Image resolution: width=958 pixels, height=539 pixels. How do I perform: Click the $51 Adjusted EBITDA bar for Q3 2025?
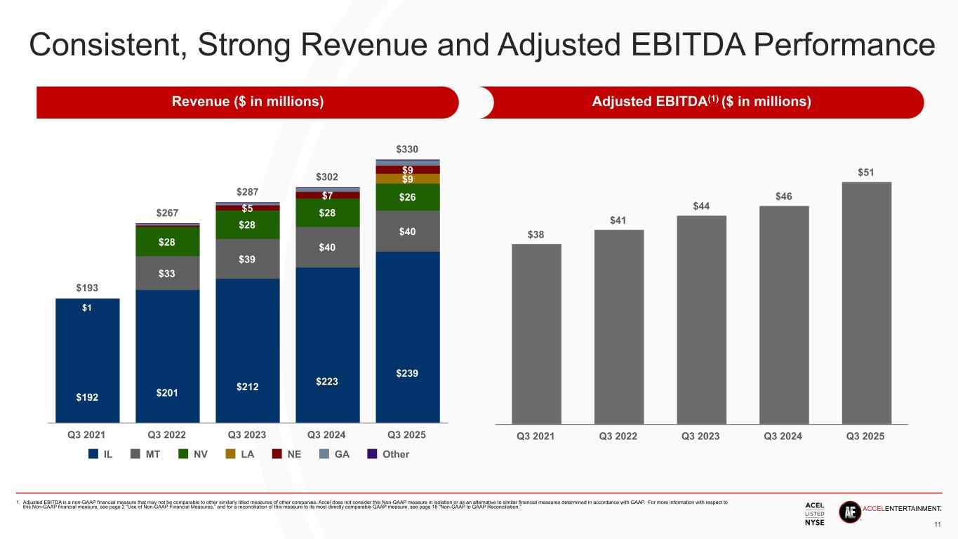pyautogui.click(x=866, y=302)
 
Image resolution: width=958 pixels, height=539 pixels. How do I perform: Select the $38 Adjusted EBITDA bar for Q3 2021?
pyautogui.click(x=536, y=333)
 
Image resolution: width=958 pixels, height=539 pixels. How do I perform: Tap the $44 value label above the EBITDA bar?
pyautogui.click(x=701, y=206)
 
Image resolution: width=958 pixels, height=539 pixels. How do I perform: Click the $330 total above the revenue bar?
pyautogui.click(x=407, y=149)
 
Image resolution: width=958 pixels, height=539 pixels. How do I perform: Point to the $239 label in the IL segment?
pyautogui.click(x=407, y=373)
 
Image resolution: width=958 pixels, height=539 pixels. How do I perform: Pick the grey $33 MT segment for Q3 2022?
pyautogui.click(x=167, y=273)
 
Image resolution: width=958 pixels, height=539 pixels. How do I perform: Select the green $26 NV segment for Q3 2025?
pyautogui.click(x=407, y=197)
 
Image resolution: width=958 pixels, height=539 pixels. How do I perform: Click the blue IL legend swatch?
pyautogui.click(x=93, y=454)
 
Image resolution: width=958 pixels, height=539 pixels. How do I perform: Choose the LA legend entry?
pyautogui.click(x=240, y=454)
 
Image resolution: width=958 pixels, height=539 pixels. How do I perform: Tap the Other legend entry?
pyautogui.click(x=389, y=454)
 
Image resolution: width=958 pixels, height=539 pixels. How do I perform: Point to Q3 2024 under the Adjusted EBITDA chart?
pyautogui.click(x=783, y=436)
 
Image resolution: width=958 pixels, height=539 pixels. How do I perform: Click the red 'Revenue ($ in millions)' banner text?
pyautogui.click(x=248, y=102)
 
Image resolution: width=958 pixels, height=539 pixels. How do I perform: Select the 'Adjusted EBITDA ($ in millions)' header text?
pyautogui.click(x=702, y=102)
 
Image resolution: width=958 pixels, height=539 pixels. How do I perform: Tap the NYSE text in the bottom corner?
pyautogui.click(x=814, y=522)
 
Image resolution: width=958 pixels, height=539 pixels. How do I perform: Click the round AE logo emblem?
pyautogui.click(x=849, y=512)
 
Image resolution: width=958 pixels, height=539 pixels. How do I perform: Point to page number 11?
pyautogui.click(x=938, y=525)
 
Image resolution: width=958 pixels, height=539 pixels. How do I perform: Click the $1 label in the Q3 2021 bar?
pyautogui.click(x=87, y=307)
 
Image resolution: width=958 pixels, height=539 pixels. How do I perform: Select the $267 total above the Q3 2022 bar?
pyautogui.click(x=167, y=213)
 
